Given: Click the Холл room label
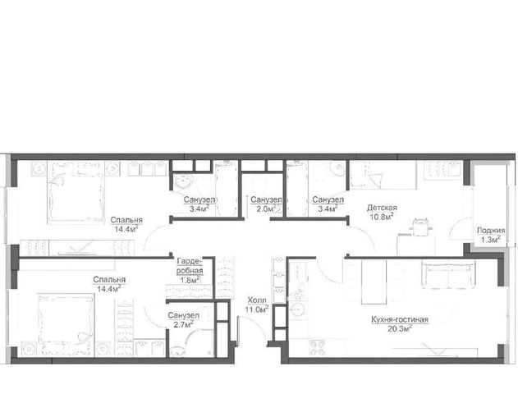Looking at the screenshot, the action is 257,300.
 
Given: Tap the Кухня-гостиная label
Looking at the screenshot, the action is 400,319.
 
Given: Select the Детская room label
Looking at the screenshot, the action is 382,208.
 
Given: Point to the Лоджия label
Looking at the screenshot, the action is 491,231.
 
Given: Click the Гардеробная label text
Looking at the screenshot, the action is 190,266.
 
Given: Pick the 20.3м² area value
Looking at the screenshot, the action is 401,328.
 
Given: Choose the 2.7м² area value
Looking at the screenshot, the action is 184,324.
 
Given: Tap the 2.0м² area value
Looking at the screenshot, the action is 267,208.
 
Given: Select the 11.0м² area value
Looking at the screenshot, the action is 256,309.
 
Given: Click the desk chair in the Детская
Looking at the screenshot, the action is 420,227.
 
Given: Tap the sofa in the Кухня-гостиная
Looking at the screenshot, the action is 448,274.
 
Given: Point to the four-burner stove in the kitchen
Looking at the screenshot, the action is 317,348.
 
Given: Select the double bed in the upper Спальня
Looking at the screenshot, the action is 76,193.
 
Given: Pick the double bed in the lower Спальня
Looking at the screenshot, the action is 66,325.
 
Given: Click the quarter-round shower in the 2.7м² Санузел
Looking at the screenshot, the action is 200,343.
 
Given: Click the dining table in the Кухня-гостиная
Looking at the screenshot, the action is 374,282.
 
